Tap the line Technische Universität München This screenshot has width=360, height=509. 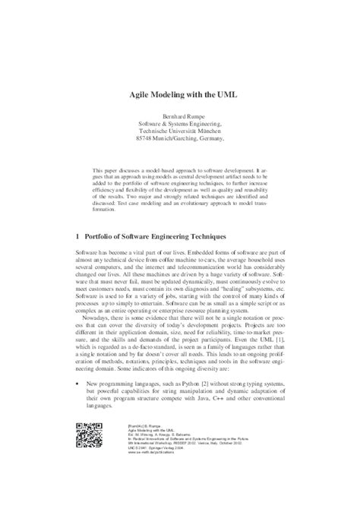(181, 130)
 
